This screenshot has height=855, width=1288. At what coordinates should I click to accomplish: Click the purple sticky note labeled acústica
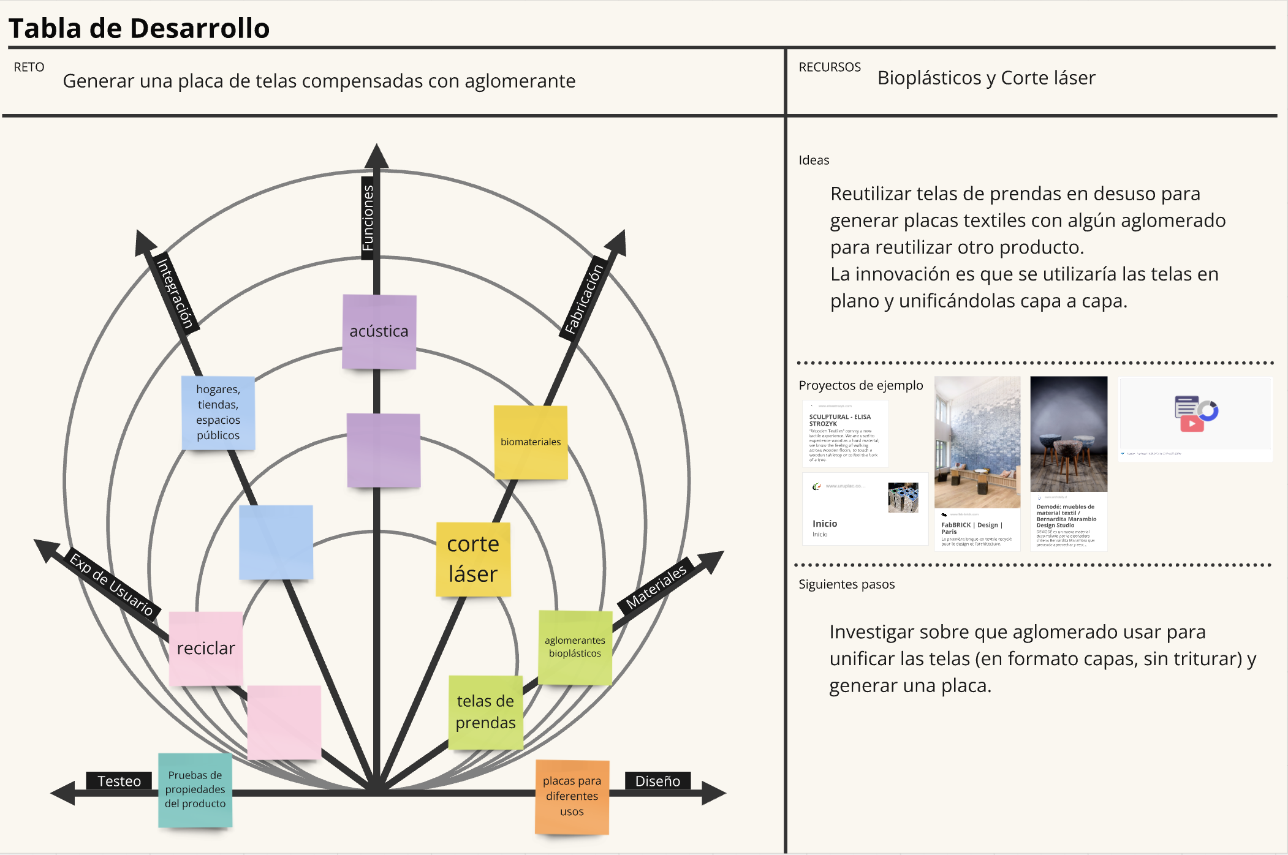(379, 331)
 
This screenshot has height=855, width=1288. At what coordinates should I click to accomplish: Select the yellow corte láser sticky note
(473, 559)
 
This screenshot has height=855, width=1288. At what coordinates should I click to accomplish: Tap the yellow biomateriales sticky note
(531, 442)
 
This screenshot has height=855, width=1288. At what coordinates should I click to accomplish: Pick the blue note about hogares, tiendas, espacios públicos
(218, 412)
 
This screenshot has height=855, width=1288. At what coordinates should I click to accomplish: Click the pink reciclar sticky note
(206, 648)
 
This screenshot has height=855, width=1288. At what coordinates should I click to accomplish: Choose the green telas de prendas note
(485, 712)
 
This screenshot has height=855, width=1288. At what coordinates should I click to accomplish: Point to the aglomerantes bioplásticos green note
(575, 647)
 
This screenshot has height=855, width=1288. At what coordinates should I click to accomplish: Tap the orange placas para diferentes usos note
(572, 796)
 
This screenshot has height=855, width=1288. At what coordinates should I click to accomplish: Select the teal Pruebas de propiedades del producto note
(195, 789)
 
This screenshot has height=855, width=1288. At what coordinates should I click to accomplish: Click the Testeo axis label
(119, 781)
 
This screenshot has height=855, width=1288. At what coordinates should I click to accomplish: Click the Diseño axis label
(657, 781)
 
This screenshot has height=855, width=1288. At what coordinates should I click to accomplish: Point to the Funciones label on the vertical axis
(368, 218)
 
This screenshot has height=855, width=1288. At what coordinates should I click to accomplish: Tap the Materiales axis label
(656, 586)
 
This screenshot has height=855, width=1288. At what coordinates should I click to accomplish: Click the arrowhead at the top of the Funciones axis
(376, 156)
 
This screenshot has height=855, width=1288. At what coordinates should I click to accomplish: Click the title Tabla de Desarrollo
(139, 28)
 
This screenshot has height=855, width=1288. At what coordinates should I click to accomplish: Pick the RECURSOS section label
(830, 67)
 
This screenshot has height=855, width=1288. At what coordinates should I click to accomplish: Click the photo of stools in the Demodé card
(1069, 434)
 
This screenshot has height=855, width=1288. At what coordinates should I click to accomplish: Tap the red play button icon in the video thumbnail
(1192, 423)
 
